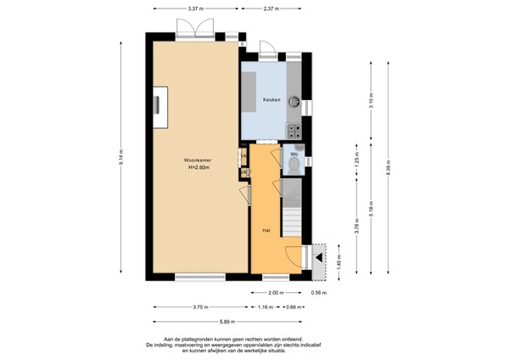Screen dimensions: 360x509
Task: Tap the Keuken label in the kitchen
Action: pyautogui.click(x=271, y=100)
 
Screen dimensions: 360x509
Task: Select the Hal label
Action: pyautogui.click(x=266, y=229)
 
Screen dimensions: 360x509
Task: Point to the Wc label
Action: pyautogui.click(x=294, y=155)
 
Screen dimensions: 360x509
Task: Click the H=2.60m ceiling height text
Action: pyautogui.click(x=199, y=168)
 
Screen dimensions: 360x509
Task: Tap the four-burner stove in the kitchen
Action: pyautogui.click(x=295, y=131)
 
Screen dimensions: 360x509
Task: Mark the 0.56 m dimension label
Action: pyautogui.click(x=318, y=292)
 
